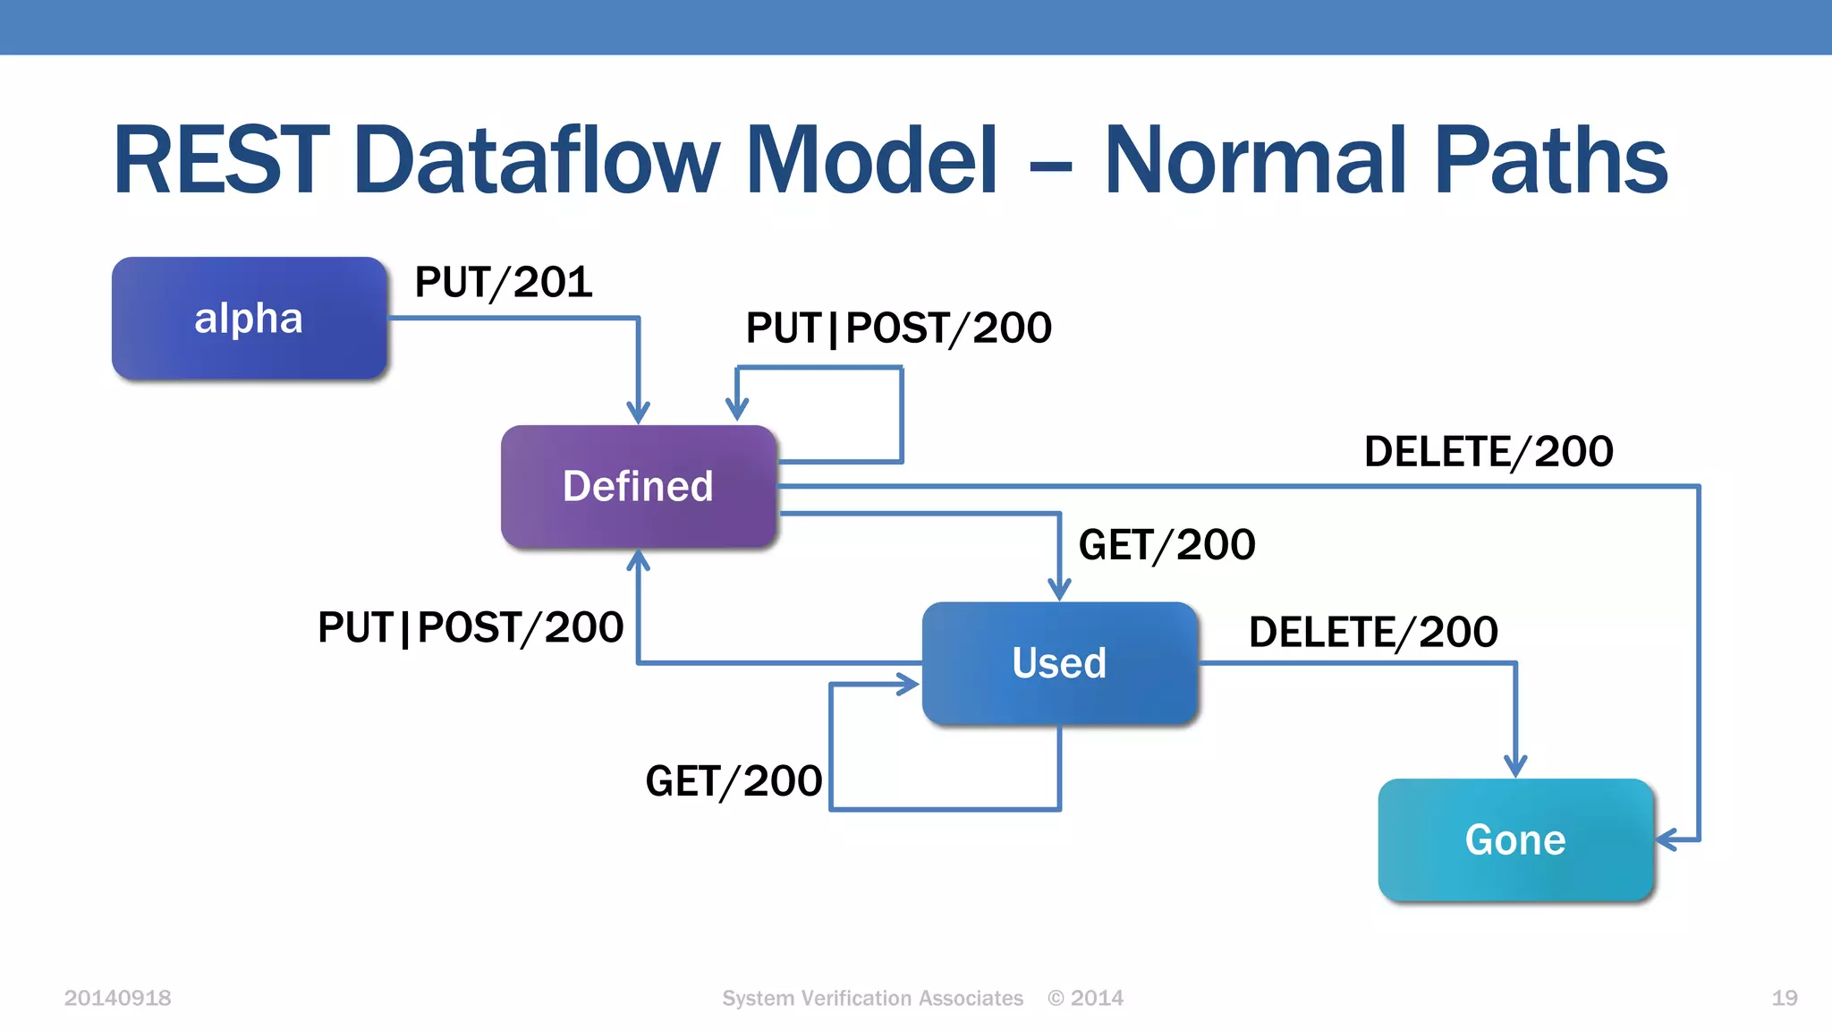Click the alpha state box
coord(249,318)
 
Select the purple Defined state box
coord(638,486)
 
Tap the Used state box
coord(1059,663)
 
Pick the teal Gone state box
coord(1515,839)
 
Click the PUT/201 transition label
coord(504,283)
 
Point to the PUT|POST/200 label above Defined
coord(898,328)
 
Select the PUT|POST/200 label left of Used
coord(471,627)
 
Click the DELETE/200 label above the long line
coord(1488,452)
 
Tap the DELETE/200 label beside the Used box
coord(1373,633)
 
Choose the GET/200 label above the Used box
coord(1166,545)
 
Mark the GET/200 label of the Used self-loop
coord(734,781)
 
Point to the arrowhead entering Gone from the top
coord(1515,767)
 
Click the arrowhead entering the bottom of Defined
coord(638,560)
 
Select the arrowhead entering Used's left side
coord(909,685)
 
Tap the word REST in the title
coord(220,160)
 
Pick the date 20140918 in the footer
coord(117,998)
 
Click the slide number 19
coord(1784,998)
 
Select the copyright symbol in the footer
coord(1056,998)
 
